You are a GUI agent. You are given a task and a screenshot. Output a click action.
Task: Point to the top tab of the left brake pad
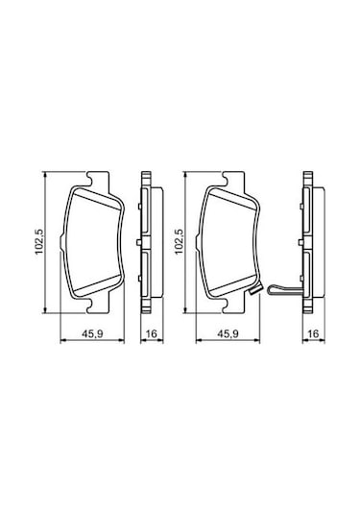coord(97,179)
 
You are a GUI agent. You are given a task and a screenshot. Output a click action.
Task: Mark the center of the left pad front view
coord(94,242)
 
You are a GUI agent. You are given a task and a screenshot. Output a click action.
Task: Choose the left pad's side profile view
coord(145,242)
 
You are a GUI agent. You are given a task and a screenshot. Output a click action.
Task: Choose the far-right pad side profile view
coord(309,242)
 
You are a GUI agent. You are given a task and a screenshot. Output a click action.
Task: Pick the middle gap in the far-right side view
coord(308,243)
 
